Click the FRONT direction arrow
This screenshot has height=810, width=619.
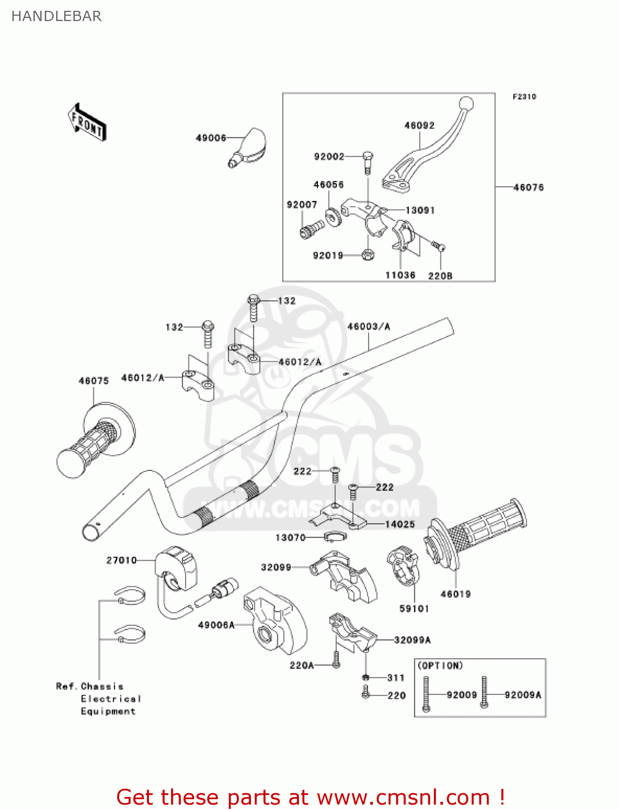click(87, 123)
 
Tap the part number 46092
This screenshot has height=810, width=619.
click(419, 125)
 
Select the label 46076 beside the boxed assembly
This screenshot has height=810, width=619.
click(528, 187)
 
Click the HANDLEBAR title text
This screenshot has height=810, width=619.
click(57, 16)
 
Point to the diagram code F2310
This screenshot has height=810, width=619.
click(524, 97)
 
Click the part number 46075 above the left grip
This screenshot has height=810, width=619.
click(93, 381)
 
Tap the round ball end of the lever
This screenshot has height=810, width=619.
click(466, 103)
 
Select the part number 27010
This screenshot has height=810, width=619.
click(121, 561)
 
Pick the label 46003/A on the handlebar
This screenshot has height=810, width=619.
click(369, 326)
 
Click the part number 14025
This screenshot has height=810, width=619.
click(400, 524)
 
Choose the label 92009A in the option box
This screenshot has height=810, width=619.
click(522, 695)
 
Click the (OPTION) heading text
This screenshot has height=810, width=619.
click(440, 666)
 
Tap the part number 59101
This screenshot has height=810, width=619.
click(414, 609)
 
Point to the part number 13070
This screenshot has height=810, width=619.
click(290, 537)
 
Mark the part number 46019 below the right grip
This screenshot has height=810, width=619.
click(455, 594)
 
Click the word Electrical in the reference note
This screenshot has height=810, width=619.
click(111, 699)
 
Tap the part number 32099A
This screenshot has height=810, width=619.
click(412, 640)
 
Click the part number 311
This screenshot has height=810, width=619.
click(396, 677)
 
